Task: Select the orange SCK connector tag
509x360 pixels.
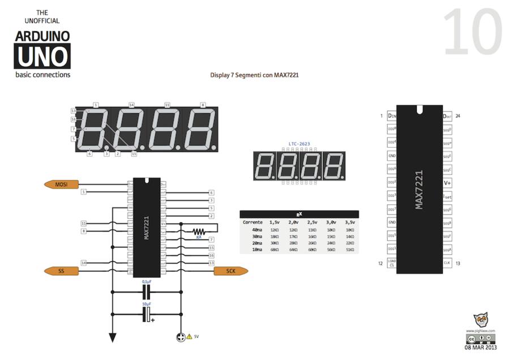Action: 230,271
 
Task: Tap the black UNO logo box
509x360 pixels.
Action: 43,56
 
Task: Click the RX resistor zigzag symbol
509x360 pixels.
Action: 198,231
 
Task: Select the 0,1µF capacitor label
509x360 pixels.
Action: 147,281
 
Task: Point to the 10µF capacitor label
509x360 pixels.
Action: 147,304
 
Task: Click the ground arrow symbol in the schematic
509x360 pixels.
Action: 112,337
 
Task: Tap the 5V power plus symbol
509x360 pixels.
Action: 181,337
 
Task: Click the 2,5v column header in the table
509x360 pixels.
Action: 312,222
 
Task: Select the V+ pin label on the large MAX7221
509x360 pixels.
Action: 447,183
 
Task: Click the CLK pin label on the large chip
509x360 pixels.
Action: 447,263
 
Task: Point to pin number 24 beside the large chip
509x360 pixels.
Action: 457,116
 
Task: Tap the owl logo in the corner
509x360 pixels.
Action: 481,320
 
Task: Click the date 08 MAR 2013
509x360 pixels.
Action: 481,348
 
